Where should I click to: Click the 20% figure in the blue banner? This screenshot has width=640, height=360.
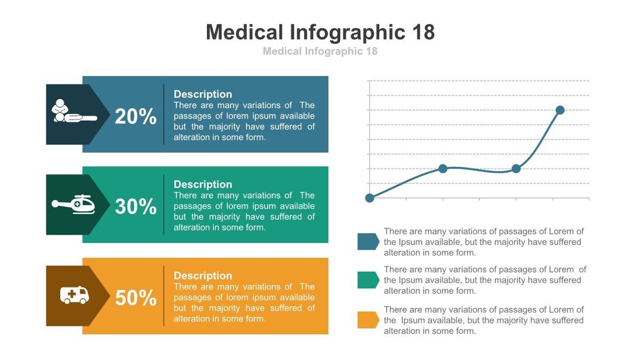point(135,116)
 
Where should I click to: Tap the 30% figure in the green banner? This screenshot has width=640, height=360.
point(135,206)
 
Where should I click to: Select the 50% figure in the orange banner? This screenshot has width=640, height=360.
point(135,298)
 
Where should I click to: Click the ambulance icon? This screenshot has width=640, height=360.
point(74,295)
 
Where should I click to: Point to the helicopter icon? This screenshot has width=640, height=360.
point(74,204)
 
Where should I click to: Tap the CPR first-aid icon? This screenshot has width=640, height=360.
point(74,112)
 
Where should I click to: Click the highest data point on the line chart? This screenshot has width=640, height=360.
point(560,110)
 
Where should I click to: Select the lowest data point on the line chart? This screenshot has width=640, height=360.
point(370,198)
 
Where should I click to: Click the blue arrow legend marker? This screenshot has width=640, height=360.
point(368,242)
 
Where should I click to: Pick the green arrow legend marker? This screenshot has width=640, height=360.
point(368,280)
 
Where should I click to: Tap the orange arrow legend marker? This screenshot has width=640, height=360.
point(368,320)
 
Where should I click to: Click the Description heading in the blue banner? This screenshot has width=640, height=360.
point(203,94)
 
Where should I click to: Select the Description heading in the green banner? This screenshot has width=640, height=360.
point(203,185)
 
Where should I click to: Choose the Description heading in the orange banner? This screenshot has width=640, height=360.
point(203,276)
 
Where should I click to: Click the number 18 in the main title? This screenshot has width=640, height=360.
point(423,33)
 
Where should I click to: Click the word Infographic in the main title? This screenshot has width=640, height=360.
point(348,33)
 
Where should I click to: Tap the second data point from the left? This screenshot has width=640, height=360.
point(443,169)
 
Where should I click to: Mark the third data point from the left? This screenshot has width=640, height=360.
point(516,169)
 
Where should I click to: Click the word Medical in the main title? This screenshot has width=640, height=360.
point(244,33)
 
